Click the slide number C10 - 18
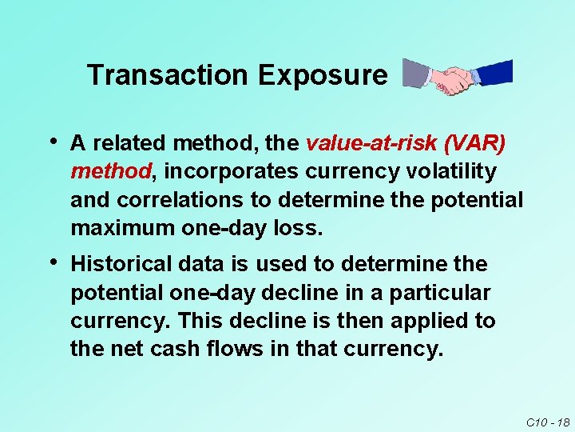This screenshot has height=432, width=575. coord(547,422)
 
